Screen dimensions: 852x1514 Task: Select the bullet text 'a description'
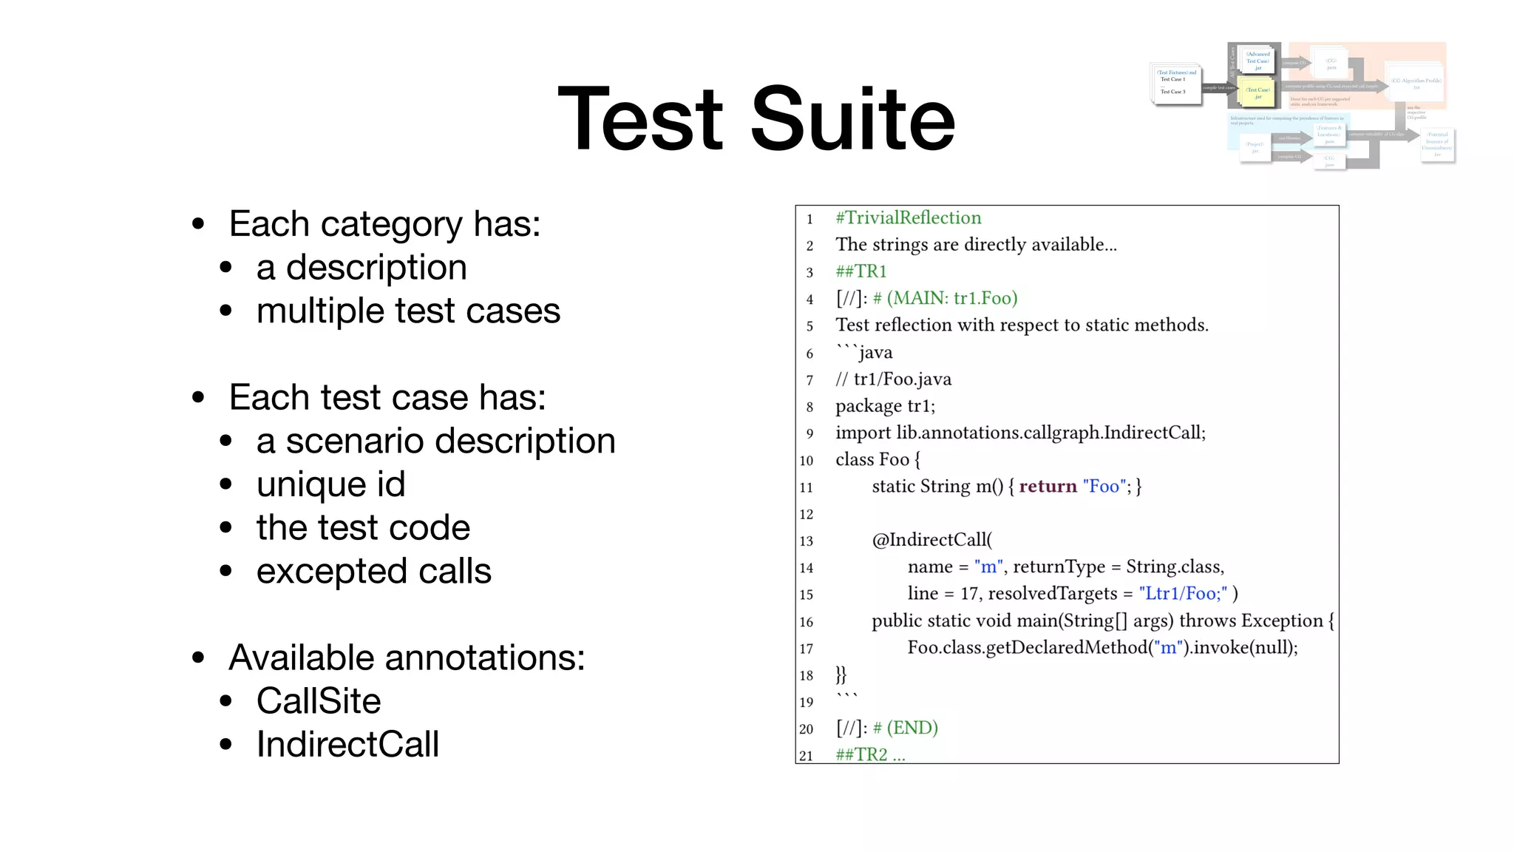[x=361, y=267]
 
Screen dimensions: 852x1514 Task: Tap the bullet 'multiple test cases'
[x=408, y=311]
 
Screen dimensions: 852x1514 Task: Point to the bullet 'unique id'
[x=330, y=484]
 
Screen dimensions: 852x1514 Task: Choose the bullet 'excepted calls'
[x=373, y=571]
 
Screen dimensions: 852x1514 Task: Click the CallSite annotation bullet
[x=319, y=700]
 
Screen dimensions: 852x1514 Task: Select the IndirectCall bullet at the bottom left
[x=347, y=744]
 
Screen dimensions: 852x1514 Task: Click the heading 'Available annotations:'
[x=407, y=657]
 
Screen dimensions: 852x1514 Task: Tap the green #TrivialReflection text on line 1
[x=909, y=217]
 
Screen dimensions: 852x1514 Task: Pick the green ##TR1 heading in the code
[x=860, y=271]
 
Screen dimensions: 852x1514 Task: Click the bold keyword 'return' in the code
[x=1048, y=486]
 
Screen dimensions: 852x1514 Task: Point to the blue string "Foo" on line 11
[x=1104, y=486]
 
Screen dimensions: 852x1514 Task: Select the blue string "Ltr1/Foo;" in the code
[x=1183, y=593]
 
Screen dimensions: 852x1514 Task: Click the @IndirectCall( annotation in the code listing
[x=932, y=540]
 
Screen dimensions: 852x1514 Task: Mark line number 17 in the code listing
[x=807, y=649]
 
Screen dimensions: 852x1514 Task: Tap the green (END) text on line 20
[x=912, y=728]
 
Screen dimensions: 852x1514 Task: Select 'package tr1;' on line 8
[x=885, y=406]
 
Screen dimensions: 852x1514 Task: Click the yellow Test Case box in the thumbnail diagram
[x=1257, y=93]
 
